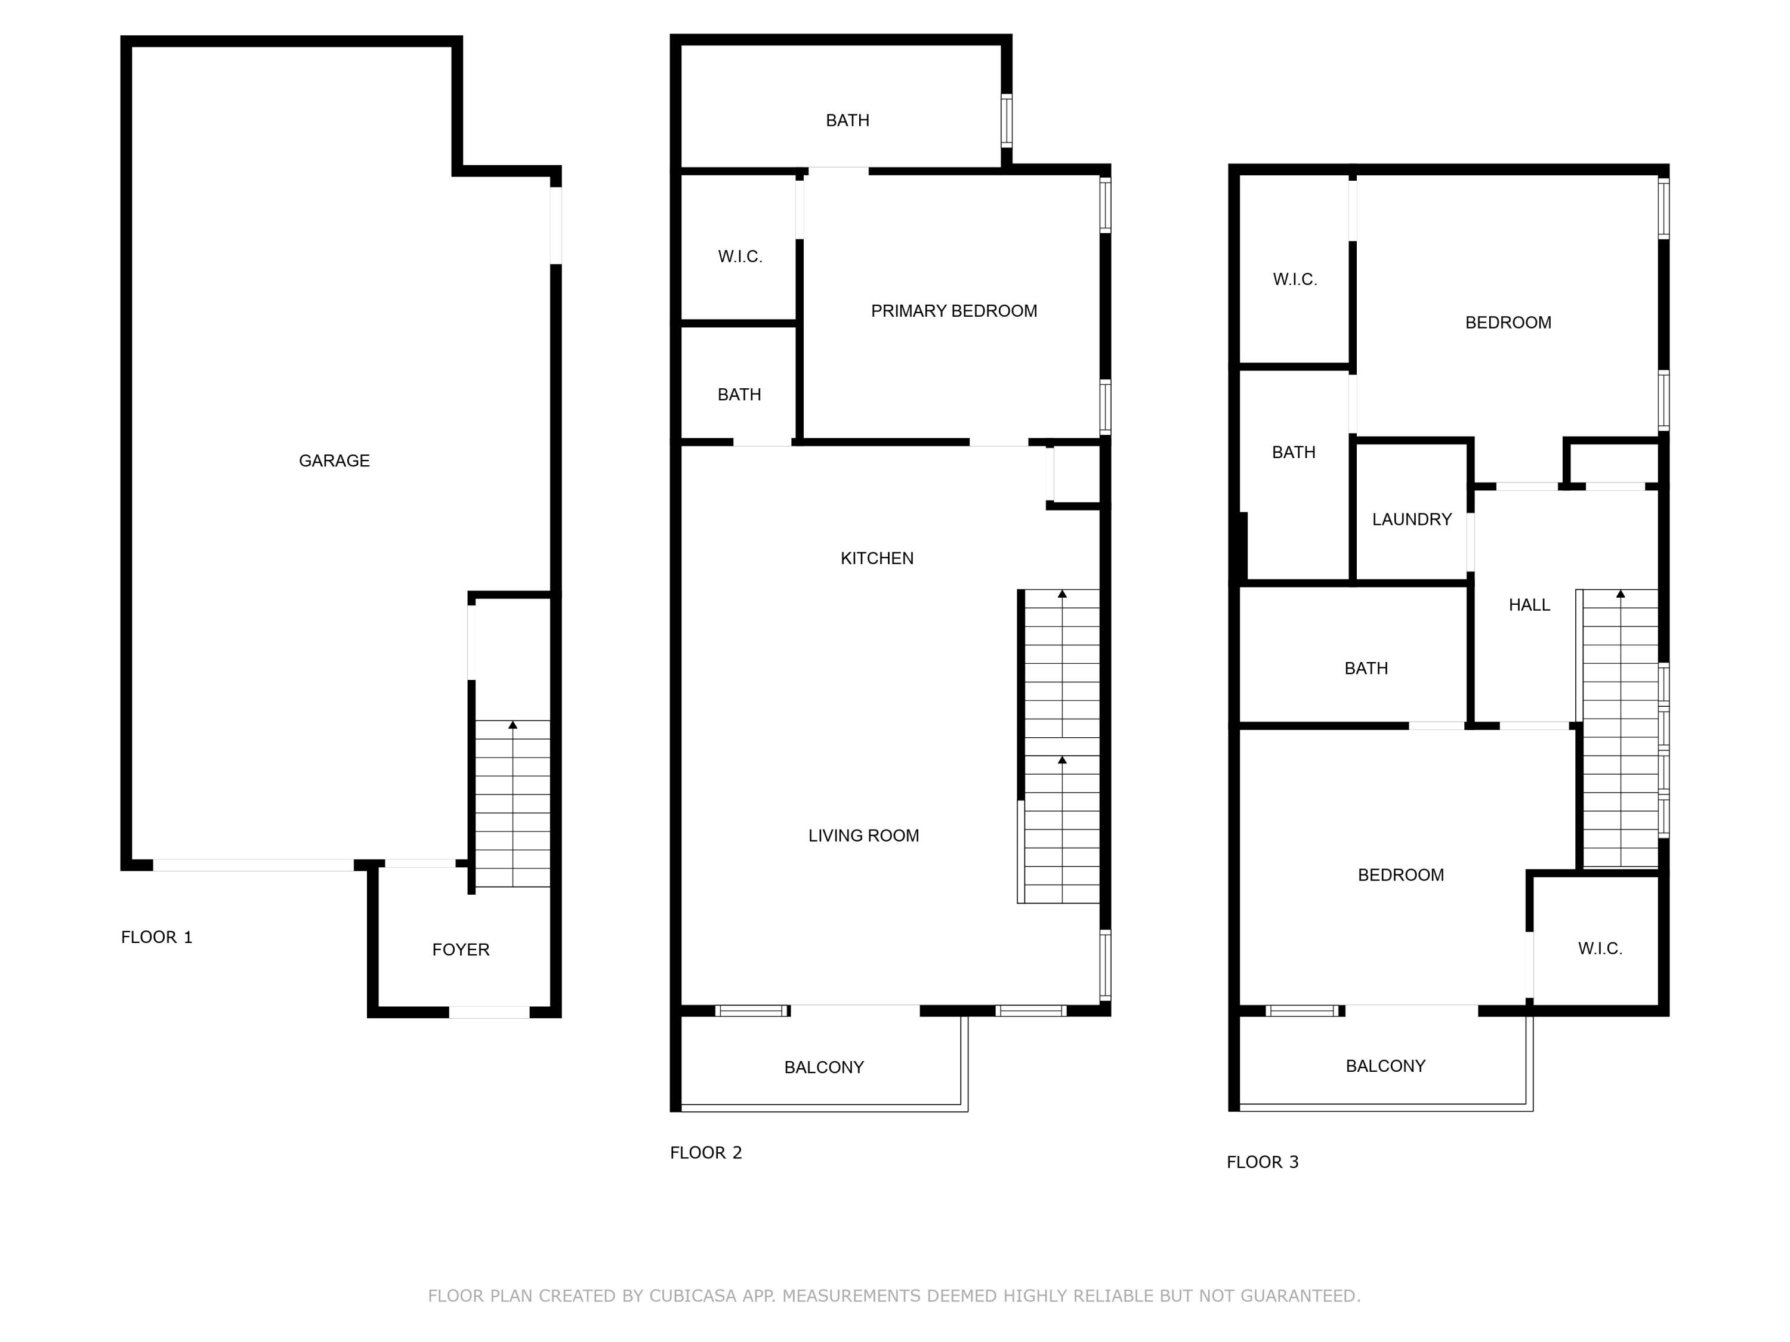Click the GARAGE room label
coord(334,461)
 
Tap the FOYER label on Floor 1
coord(461,950)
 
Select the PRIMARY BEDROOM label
coord(953,311)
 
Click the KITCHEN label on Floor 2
coord(877,558)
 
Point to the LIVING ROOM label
coord(863,836)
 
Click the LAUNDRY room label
coord(1411,520)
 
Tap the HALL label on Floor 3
coord(1529,605)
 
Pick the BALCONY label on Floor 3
coord(1385,1066)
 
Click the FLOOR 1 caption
coord(156,938)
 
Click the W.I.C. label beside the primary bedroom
coord(740,257)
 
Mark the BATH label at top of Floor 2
coord(847,120)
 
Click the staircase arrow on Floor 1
coord(512,725)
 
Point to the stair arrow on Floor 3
coord(1620,595)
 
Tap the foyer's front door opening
coord(489,1012)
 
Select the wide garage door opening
coord(254,865)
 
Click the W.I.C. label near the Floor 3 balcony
coord(1600,949)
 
